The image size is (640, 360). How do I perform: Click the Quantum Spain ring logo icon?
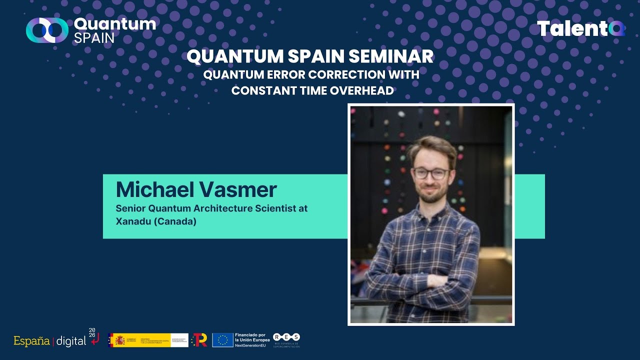click(47, 30)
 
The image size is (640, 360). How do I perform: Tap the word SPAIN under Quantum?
click(94, 38)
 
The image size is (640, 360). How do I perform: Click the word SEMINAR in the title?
click(391, 56)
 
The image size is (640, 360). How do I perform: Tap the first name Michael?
click(155, 189)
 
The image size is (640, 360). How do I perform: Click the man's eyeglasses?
click(430, 173)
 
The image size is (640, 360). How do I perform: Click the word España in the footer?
click(31, 341)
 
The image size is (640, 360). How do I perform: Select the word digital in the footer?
click(71, 341)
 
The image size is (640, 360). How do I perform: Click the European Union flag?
click(222, 340)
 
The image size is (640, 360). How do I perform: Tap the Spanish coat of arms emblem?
click(120, 340)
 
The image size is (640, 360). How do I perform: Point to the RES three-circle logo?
click(286, 337)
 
